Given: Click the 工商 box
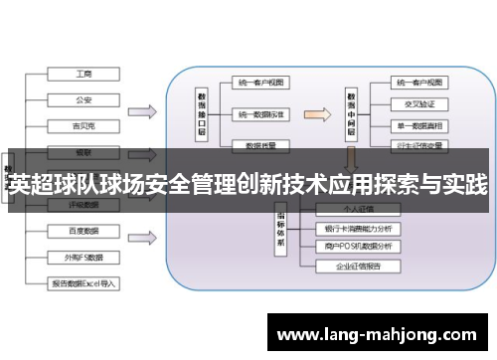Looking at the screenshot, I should [x=83, y=74].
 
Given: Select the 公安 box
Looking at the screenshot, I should [x=83, y=99].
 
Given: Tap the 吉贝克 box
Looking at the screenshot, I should [x=83, y=125].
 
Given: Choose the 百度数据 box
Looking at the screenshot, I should [x=83, y=231].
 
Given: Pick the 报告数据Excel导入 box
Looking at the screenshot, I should [x=83, y=282].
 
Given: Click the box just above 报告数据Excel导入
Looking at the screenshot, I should [x=83, y=257].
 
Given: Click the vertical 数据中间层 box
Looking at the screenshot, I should [x=352, y=103].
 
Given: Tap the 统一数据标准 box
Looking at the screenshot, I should [x=261, y=114].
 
